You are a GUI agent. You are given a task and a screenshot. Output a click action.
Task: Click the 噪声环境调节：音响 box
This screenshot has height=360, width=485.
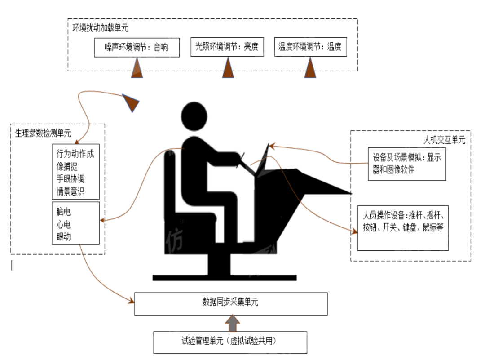coord(137,47)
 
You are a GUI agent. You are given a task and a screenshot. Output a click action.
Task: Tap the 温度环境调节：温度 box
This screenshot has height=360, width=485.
coord(310,47)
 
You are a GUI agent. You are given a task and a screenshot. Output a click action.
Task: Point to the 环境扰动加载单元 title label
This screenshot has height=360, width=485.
coord(100,27)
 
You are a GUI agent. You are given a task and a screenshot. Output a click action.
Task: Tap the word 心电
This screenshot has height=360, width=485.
coord(64,224)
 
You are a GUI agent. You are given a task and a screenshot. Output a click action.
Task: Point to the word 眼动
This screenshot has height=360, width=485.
coord(64,236)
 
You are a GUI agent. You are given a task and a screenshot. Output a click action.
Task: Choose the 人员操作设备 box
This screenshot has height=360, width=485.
coord(403,227)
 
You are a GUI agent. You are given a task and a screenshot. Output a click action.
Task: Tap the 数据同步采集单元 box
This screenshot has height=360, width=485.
coord(231,304)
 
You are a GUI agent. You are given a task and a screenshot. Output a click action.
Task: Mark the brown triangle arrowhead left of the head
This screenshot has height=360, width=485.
coord(132,102)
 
